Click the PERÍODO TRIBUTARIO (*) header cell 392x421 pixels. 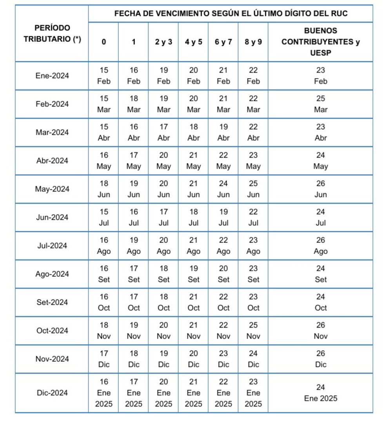[52, 34]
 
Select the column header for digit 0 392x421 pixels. [103, 42]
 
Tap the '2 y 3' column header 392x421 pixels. [163, 42]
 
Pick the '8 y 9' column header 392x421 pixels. [253, 42]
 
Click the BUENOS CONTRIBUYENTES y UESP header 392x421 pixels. [320, 42]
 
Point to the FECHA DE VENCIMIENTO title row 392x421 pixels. [230, 14]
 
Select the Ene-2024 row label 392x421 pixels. [52, 76]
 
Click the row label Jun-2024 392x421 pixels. [52, 217]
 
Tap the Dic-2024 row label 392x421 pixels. [52, 393]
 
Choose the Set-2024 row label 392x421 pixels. [52, 302]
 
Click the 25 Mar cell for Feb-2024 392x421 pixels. [320, 104]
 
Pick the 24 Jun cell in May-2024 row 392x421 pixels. [223, 189]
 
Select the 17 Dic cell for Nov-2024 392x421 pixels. [103, 359]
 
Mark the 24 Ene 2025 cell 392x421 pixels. [320, 393]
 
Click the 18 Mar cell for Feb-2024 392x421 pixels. [134, 104]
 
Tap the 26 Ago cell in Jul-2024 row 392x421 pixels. [320, 246]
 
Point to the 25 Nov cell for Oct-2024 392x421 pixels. [253, 331]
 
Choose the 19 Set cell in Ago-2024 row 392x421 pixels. [193, 274]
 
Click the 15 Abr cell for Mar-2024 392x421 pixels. [103, 132]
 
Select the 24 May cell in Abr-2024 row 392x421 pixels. [320, 161]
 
